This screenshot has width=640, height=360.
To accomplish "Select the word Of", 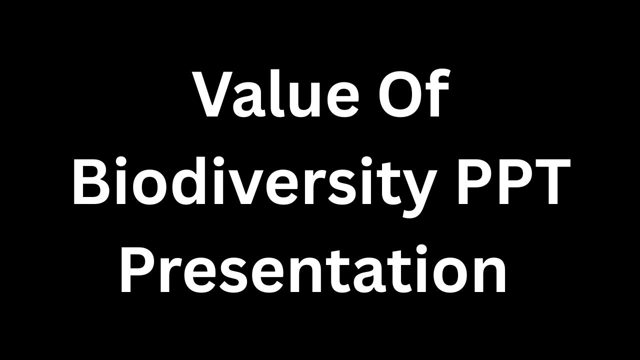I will click(x=412, y=95).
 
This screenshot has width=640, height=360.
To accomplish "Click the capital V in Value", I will click(x=213, y=95).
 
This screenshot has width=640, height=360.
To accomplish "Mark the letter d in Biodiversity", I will click(x=180, y=181).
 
